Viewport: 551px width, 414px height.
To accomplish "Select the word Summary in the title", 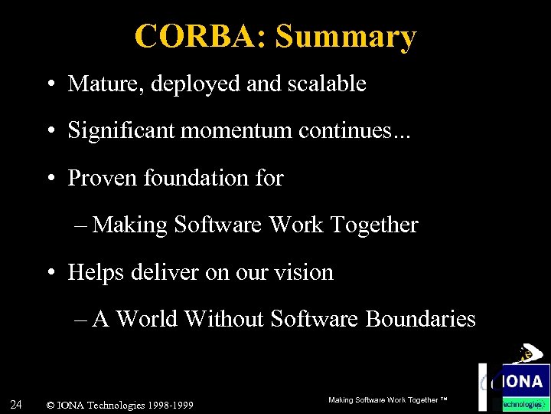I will click(346, 36).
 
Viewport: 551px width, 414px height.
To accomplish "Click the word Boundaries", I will click(421, 318).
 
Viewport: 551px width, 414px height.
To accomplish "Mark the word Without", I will click(226, 318).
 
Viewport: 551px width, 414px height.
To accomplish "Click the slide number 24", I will click(15, 404).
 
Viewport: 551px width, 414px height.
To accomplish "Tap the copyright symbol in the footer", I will click(51, 405).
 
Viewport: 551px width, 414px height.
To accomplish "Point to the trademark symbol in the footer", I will click(444, 400).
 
